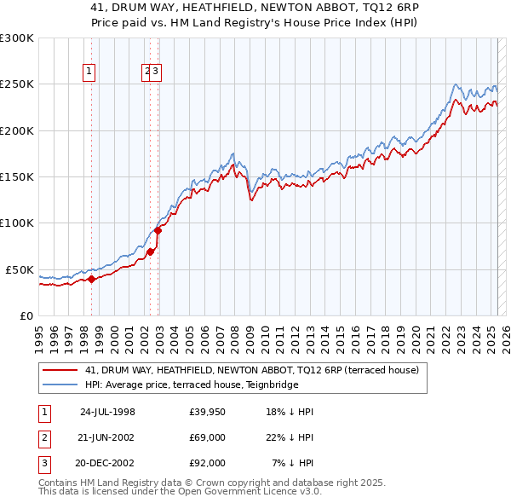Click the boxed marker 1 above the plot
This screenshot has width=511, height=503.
point(89,72)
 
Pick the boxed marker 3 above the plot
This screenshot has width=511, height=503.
point(158,72)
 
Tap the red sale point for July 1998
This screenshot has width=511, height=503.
point(91,279)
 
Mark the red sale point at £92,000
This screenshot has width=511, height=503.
point(158,230)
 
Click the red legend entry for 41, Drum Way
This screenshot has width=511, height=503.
point(251,371)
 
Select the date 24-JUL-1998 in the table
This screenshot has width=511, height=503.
point(107,412)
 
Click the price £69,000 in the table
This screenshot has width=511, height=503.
point(208,437)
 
